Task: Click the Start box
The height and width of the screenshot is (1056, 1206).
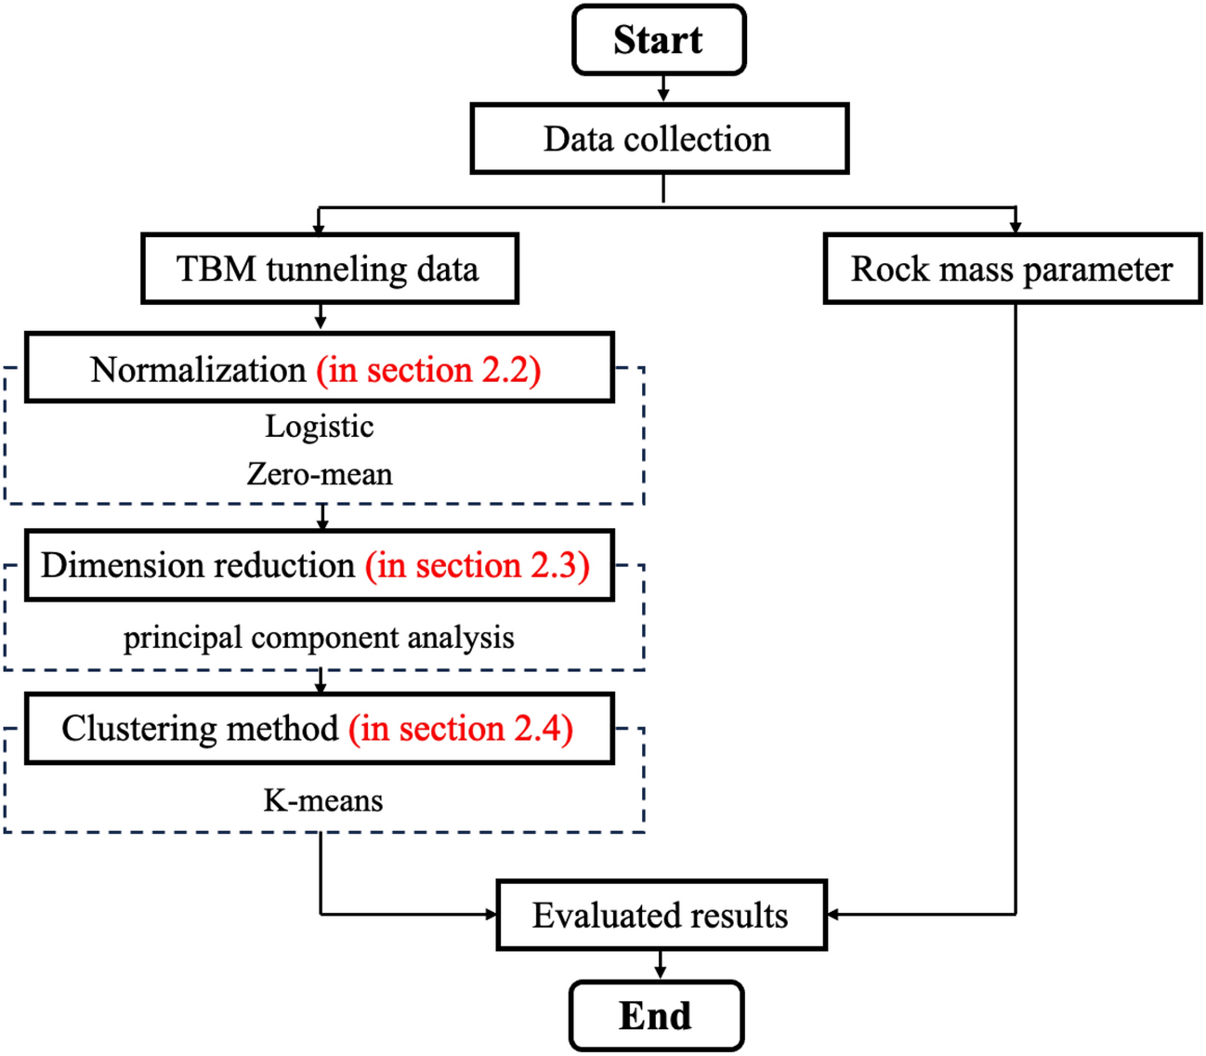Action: [x=659, y=40]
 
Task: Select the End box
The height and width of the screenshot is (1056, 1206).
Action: [x=656, y=1015]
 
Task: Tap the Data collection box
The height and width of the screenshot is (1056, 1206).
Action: [x=659, y=139]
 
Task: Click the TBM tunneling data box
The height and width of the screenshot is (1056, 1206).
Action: [x=329, y=269]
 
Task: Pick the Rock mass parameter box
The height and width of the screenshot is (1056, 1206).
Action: [x=1012, y=269]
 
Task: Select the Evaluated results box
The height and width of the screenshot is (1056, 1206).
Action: [x=661, y=915]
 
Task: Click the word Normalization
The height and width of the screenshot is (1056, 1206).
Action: [x=198, y=369]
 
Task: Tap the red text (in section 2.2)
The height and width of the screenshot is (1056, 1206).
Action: [x=428, y=369]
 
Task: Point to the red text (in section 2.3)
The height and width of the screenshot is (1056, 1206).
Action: [x=477, y=565]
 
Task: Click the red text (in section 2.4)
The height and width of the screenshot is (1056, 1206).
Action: [x=461, y=728]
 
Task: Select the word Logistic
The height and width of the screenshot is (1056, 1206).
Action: [x=320, y=426]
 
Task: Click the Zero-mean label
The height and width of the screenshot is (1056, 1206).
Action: [x=320, y=474]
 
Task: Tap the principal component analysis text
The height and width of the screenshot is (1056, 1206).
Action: [x=319, y=638]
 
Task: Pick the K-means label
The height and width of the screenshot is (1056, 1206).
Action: [x=322, y=800]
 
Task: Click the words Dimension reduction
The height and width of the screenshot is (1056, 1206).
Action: [x=198, y=565]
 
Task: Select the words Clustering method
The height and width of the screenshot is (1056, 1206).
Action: [x=200, y=728]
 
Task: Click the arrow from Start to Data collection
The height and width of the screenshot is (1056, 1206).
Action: [x=662, y=89]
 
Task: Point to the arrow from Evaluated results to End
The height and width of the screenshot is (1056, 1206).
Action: [x=660, y=965]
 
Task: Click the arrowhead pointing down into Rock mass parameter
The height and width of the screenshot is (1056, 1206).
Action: [x=1015, y=226]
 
